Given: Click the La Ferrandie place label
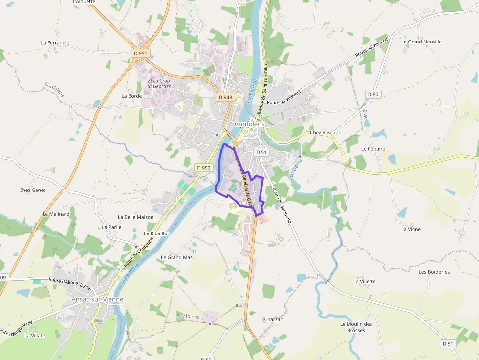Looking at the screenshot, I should point(55,43).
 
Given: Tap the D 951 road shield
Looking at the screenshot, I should point(140,53).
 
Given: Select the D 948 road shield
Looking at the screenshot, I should point(225,97).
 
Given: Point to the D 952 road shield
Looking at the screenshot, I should point(203,168).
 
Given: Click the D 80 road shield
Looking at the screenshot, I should point(373,94).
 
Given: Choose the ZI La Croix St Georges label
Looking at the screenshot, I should point(159,84).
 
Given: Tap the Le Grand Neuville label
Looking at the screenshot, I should point(421,42).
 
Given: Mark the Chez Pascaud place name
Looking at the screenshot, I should point(326,133).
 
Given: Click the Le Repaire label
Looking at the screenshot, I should point(373,149).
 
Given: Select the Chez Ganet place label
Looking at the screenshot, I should point(32,190).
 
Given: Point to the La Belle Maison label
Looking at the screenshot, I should point(135,217).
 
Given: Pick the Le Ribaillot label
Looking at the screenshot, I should point(156,233).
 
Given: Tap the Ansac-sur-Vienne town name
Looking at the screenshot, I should point(97,299).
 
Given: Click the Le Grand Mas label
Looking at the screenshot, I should point(176,257).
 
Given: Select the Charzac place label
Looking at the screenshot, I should point(273,319).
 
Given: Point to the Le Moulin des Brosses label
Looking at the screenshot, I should point(356,327).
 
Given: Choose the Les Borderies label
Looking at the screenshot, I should point(434,272).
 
